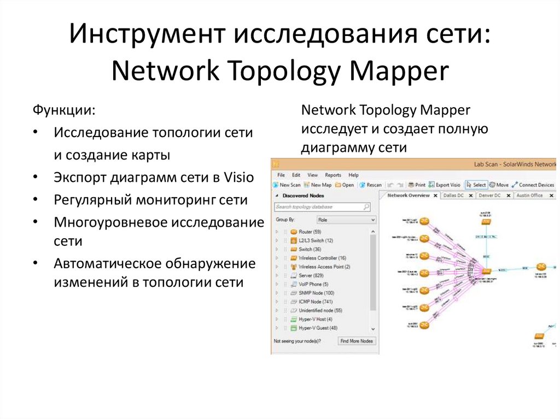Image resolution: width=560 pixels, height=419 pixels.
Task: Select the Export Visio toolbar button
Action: (x=445, y=185)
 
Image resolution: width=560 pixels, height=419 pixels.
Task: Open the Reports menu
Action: (x=333, y=175)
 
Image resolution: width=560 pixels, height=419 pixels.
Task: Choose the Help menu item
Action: (x=354, y=175)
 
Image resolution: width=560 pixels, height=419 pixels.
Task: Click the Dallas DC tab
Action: (x=453, y=195)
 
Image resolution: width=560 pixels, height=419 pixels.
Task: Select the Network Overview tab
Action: (x=408, y=195)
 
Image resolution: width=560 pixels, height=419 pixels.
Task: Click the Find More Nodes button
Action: (x=356, y=341)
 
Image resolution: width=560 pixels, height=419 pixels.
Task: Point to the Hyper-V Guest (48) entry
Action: (x=318, y=328)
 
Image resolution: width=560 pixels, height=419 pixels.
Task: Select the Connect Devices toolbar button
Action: (x=533, y=185)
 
